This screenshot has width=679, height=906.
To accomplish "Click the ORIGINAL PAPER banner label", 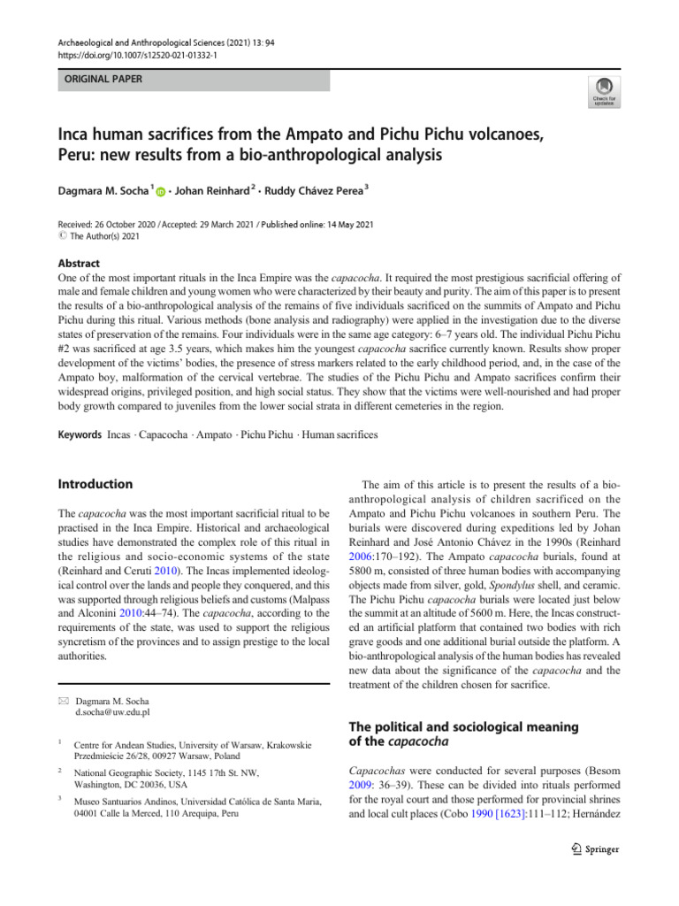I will tap(99, 80).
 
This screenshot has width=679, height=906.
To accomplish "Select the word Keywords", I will tap(79, 435).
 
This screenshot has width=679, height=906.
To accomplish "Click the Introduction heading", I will tap(95, 484).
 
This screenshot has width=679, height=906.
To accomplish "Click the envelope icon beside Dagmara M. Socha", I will tap(63, 699).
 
